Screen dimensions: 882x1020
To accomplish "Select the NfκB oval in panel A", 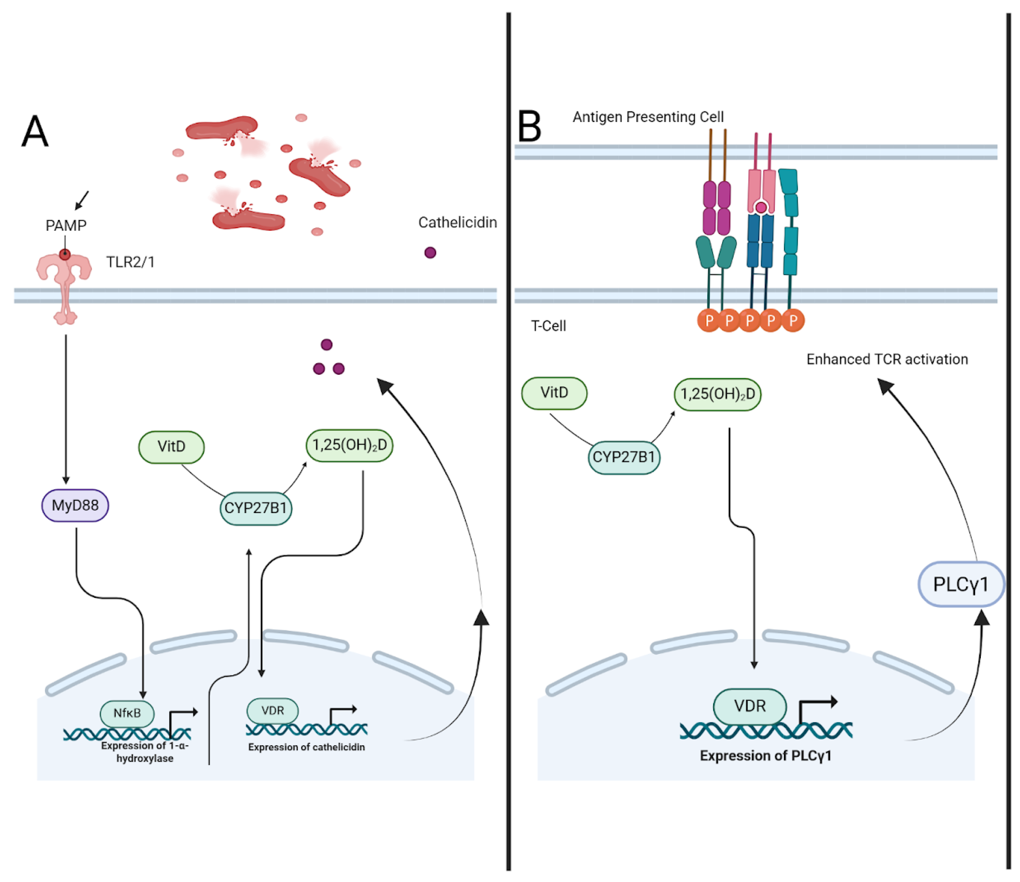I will click(127, 713).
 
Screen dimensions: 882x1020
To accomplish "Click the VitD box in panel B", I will click(554, 393).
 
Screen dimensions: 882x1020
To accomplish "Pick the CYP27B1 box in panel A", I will click(255, 508).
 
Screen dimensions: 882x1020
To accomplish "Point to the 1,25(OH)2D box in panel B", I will click(717, 394).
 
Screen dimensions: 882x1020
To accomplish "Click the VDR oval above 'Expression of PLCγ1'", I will click(750, 706).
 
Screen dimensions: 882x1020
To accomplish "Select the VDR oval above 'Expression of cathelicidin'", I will click(272, 711).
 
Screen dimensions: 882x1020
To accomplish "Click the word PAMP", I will click(66, 225).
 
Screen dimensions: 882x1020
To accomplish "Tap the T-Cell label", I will click(548, 326).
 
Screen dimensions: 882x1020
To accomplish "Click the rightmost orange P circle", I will click(793, 321).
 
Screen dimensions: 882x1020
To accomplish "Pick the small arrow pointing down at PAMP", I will click(82, 200).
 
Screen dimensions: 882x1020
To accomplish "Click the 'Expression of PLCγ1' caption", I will click(766, 756).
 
